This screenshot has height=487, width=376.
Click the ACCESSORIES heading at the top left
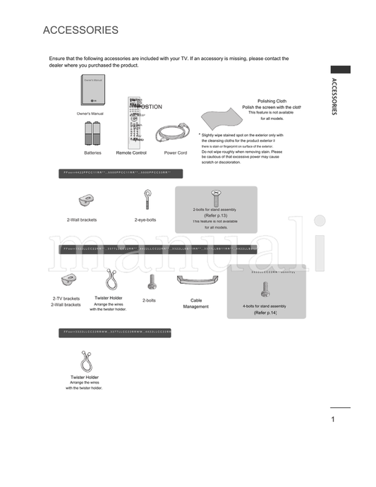[x=80, y=30]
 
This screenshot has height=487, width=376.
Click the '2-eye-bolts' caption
[x=145, y=220]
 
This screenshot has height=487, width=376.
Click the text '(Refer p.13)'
[x=215, y=215]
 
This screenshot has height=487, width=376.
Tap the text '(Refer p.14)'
[x=265, y=312]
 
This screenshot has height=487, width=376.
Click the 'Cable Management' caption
[x=195, y=303]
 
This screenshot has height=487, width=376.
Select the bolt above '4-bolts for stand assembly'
[x=265, y=289]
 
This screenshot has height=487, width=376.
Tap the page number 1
[x=332, y=420]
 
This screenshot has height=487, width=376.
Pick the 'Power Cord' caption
[x=175, y=152]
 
